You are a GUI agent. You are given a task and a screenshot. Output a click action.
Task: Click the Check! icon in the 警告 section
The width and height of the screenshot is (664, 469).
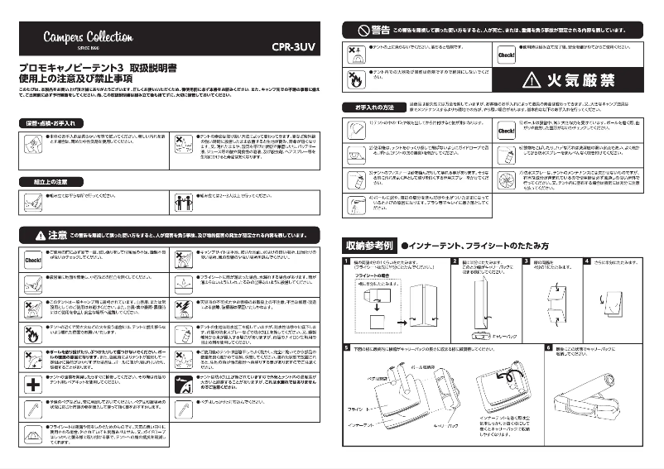pyautogui.click(x=507, y=55)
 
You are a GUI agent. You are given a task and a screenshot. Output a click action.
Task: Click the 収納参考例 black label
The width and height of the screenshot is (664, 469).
pyautogui.click(x=368, y=246)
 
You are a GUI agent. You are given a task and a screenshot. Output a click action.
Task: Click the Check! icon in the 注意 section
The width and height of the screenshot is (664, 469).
pyautogui.click(x=32, y=258)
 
